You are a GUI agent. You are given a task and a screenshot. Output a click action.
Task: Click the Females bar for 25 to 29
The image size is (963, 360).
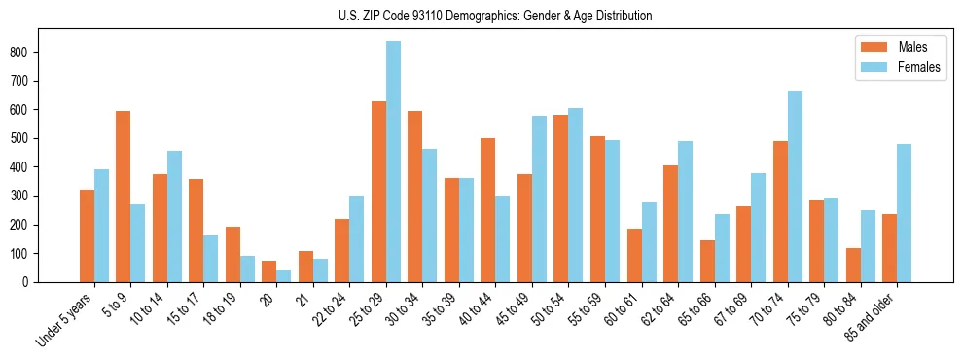[x=393, y=162]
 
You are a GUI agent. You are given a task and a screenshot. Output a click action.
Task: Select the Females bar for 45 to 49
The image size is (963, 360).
[x=539, y=199]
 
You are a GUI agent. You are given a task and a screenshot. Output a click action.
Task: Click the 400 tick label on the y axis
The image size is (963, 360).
[x=25, y=167]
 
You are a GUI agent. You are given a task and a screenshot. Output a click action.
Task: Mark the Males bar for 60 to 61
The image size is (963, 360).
[x=634, y=256]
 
